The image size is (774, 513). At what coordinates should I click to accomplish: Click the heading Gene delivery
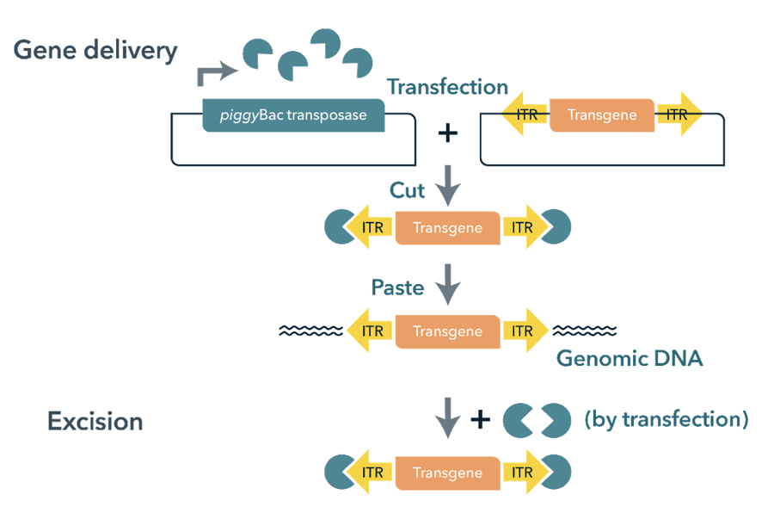(x=95, y=50)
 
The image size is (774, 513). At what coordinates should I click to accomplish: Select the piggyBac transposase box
(x=293, y=115)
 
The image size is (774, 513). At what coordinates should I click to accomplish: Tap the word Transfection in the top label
(x=447, y=87)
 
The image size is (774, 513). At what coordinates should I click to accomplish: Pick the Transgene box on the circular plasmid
(x=602, y=115)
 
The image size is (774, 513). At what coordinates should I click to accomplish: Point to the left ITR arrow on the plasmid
(x=525, y=115)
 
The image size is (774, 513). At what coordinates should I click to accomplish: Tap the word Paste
(x=397, y=287)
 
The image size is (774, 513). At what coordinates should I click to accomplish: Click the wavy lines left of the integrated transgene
(x=310, y=331)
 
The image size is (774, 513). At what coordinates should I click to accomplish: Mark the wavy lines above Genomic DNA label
(x=584, y=331)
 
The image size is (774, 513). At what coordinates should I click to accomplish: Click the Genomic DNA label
(x=630, y=358)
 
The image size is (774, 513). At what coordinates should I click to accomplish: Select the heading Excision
(x=95, y=421)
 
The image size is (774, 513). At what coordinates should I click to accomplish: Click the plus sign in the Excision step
(x=480, y=420)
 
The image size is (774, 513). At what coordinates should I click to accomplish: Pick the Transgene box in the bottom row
(x=447, y=473)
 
